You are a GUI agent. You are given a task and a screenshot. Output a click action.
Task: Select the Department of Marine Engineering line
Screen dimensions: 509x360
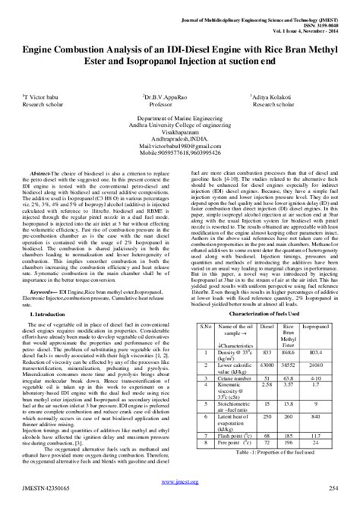coord(179,121)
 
